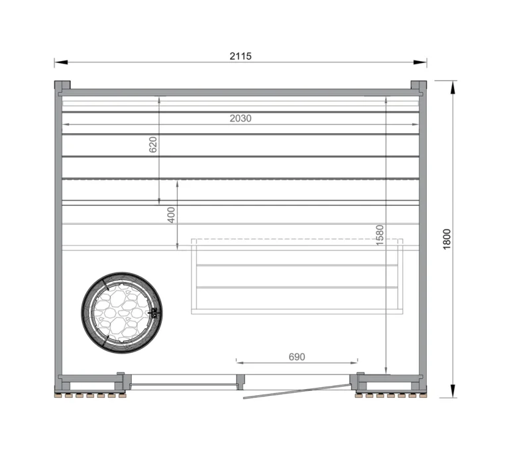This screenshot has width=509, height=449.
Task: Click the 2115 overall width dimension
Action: [241, 56]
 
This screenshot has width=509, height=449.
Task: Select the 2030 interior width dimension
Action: [241, 118]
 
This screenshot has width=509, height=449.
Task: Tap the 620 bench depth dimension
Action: [153, 145]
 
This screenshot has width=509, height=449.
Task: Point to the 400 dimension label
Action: [171, 215]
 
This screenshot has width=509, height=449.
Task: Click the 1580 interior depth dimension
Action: [380, 235]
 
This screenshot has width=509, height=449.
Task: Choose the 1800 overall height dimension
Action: [447, 239]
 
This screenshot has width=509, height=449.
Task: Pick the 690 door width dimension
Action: [296, 357]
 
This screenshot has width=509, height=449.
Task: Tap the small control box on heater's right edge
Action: [156, 312]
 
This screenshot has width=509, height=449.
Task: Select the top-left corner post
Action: [62, 86]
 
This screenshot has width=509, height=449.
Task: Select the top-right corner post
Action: [419, 86]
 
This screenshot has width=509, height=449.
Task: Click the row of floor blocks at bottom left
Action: [90, 395]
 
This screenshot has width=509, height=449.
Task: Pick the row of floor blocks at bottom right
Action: [390, 395]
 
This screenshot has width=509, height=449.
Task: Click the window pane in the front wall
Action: [184, 384]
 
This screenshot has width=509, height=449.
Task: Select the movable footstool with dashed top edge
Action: [297, 276]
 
